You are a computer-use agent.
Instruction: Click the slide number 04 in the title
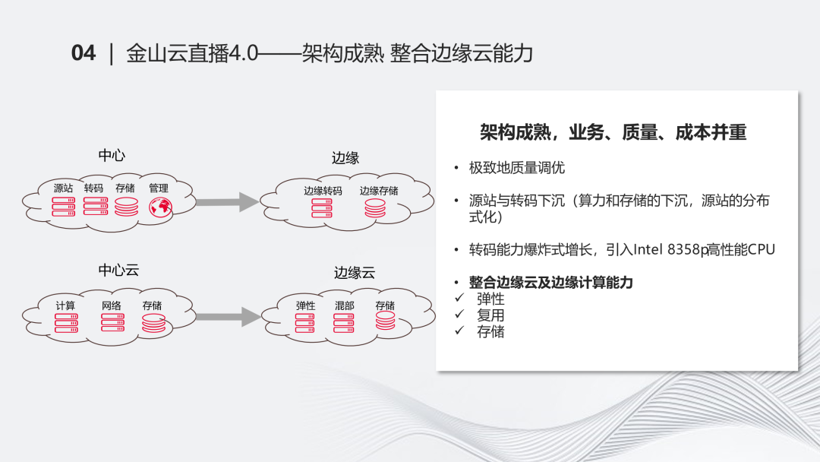point(84,53)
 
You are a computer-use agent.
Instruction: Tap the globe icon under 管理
point(160,207)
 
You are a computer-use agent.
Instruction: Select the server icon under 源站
point(63,207)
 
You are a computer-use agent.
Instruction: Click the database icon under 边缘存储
point(375,207)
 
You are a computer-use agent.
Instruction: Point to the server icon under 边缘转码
point(322,207)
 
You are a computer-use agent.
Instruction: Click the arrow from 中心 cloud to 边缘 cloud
point(227,202)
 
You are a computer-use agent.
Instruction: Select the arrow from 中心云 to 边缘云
point(228,317)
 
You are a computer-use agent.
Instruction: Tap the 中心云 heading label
point(118,270)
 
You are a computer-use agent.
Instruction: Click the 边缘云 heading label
point(355,273)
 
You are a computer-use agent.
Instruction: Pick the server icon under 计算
point(66,323)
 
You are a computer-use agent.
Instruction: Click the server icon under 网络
point(112,322)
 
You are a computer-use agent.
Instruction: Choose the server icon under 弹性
point(305,323)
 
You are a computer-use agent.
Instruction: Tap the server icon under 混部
point(344,323)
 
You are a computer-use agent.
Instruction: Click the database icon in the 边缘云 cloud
point(386,321)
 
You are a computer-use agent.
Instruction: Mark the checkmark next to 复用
point(459,314)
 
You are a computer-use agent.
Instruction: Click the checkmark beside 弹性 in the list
point(459,298)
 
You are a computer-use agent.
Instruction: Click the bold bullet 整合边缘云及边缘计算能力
point(550,283)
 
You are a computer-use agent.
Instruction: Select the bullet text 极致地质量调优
point(517,168)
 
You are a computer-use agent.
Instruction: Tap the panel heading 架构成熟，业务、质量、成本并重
point(613,132)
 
